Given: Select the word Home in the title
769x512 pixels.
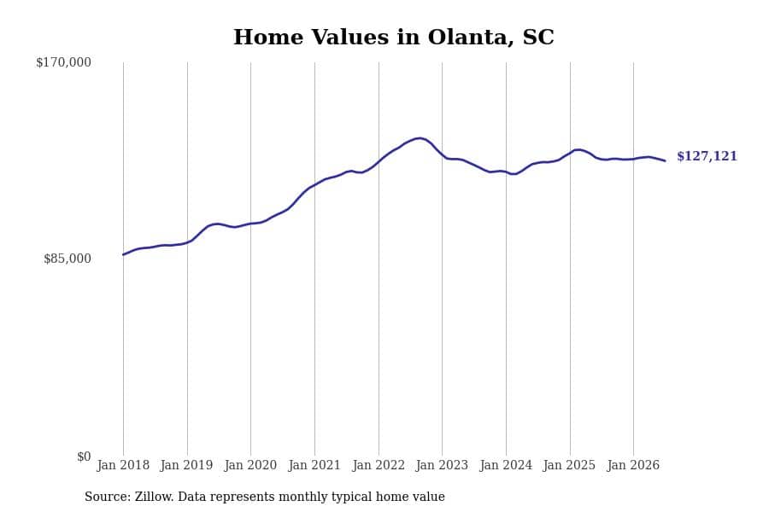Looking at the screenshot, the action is [x=268, y=38].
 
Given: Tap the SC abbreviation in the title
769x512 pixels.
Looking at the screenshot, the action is [x=538, y=38].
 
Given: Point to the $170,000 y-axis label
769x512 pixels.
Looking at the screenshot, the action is [x=64, y=62].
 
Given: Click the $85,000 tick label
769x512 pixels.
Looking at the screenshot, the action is [x=68, y=259].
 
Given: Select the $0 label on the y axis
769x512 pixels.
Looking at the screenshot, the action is [x=84, y=457].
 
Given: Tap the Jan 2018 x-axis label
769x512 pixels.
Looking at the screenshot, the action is [x=123, y=465].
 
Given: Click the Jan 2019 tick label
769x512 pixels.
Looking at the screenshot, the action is [x=186, y=465].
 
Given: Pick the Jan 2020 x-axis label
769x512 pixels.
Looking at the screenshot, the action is [x=250, y=465].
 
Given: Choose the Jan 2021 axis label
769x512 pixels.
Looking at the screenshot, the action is [x=314, y=465].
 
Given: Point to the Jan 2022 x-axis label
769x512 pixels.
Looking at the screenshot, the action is [x=379, y=465].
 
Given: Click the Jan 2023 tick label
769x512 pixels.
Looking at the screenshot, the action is [x=442, y=465].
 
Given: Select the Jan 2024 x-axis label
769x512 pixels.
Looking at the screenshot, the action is [x=506, y=465].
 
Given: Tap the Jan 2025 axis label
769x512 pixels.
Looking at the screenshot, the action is [x=569, y=465].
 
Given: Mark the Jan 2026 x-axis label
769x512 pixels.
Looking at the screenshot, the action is [x=633, y=465].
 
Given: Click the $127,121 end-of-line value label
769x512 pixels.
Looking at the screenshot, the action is [x=707, y=156].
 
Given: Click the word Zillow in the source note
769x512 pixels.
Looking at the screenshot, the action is [x=154, y=497].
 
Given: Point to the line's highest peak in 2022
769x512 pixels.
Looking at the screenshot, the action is [x=420, y=138].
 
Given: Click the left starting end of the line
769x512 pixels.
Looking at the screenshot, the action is [x=123, y=255].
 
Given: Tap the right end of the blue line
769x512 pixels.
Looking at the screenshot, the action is [x=665, y=160].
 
